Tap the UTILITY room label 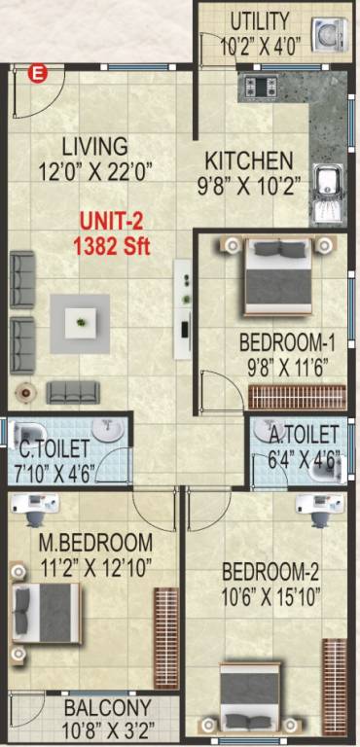[259, 21]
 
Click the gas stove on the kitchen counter [261, 87]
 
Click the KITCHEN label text [248, 160]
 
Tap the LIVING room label [94, 147]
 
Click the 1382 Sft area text [112, 246]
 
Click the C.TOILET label [54, 448]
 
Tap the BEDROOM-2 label [270, 571]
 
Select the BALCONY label [107, 708]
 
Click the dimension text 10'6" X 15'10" [270, 593]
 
